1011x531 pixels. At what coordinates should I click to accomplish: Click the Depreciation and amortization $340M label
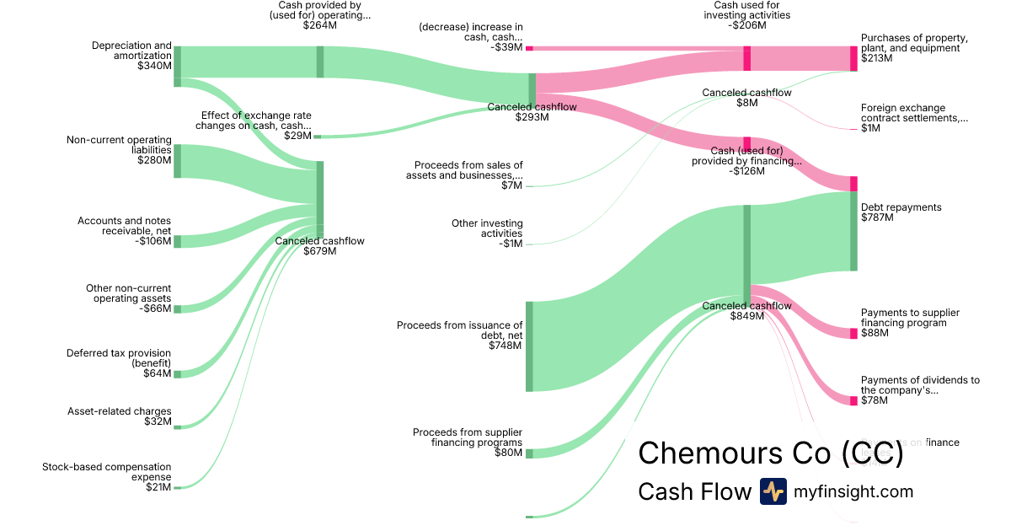[131, 56]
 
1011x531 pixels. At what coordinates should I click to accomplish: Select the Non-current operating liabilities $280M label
[119, 149]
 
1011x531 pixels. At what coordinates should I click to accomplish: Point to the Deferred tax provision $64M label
[119, 363]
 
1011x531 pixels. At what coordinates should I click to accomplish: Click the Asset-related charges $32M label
[120, 416]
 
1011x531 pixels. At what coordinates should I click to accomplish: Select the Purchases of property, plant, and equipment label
[914, 48]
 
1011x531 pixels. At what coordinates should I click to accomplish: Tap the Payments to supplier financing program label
[910, 323]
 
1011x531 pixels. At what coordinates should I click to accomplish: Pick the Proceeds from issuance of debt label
[460, 335]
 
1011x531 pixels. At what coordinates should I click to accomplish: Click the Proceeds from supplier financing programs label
[468, 442]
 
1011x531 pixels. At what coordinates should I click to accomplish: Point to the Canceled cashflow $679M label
[320, 246]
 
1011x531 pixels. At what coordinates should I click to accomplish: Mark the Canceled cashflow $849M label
[746, 311]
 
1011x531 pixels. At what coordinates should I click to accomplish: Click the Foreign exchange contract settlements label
[914, 118]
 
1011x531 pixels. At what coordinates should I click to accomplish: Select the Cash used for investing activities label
[746, 15]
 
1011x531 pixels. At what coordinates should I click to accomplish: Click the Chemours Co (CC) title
[770, 453]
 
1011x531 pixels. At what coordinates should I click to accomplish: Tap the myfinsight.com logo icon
[773, 491]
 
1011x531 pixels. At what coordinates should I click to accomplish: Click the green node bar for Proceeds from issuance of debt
[529, 346]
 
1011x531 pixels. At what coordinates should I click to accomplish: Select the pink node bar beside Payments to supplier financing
[853, 333]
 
